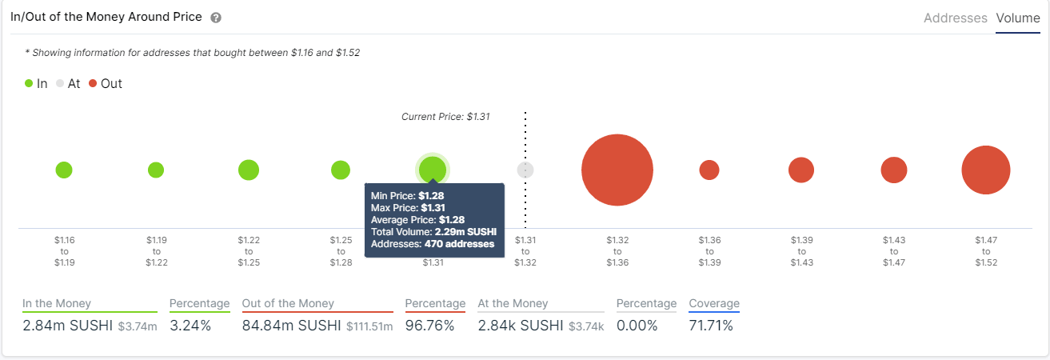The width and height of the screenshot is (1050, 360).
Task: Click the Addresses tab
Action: click(x=955, y=18)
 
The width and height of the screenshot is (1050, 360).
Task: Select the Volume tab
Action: click(x=1017, y=18)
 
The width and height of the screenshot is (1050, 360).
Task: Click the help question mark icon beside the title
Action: click(x=216, y=18)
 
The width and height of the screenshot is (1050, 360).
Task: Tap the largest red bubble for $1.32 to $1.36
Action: click(x=617, y=170)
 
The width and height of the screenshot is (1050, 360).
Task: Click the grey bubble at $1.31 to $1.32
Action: click(x=525, y=170)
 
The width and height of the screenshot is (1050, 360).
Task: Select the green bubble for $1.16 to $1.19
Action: click(x=64, y=170)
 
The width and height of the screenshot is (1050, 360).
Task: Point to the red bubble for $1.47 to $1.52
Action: click(x=986, y=170)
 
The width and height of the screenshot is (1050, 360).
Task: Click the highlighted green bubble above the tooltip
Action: click(x=433, y=169)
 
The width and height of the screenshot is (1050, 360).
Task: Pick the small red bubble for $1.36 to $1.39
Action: click(x=709, y=170)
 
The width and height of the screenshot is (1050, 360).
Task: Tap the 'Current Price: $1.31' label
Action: click(x=445, y=116)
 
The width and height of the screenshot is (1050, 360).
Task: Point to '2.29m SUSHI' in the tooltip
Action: click(x=464, y=232)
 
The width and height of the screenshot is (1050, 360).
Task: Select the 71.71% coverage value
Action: click(x=710, y=326)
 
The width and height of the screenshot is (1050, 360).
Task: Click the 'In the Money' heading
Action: click(x=57, y=303)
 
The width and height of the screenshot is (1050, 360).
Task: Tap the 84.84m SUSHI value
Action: click(x=291, y=326)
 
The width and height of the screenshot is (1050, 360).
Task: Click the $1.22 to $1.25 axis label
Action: click(x=249, y=251)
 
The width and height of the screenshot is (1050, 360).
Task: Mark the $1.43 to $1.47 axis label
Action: click(x=894, y=251)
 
